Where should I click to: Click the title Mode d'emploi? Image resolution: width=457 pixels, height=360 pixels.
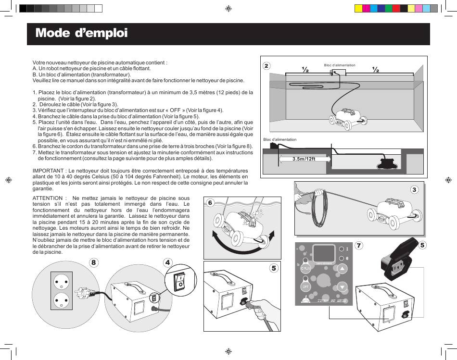tap(81, 33)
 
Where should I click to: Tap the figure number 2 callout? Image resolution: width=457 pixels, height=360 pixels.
tap(267, 66)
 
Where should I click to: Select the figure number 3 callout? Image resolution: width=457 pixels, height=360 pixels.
tap(414, 190)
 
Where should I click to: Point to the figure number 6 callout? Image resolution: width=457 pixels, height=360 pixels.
tap(210, 203)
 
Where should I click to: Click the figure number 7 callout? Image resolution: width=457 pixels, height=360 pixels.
tap(359, 245)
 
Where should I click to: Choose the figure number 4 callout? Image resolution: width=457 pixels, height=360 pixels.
tap(167, 262)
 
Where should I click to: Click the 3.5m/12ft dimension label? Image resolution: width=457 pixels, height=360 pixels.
tap(304, 159)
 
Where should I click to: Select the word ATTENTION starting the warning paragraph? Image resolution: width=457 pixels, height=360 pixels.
tap(48, 198)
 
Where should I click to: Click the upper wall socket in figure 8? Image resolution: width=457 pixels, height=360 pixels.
tap(61, 281)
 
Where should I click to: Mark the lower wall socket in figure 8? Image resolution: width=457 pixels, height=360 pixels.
tap(61, 300)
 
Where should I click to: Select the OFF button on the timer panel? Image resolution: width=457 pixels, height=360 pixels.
tap(305, 286)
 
